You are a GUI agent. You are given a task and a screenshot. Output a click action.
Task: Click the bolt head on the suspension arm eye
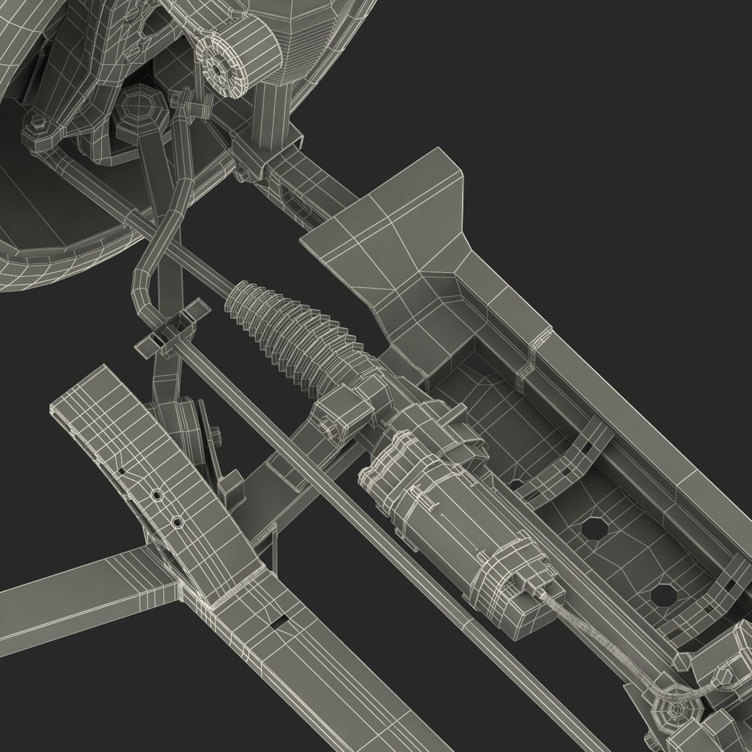(x=36, y=126)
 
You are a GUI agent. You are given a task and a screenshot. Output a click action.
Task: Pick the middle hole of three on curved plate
(x=157, y=496)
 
